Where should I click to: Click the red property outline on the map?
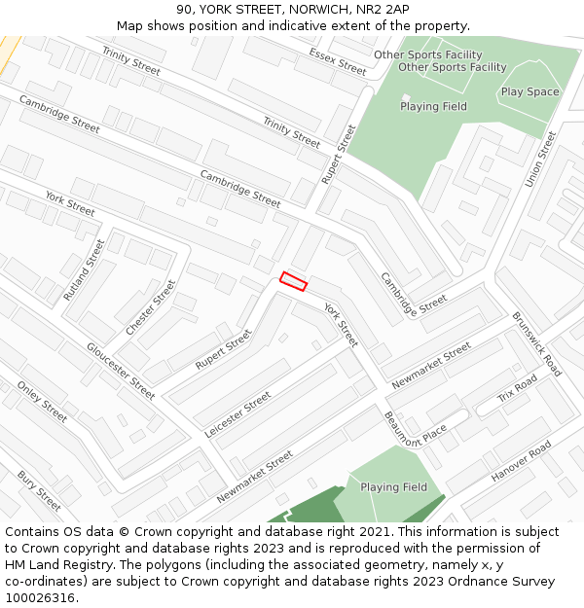293,281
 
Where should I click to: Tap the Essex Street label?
337,61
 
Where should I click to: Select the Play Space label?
529,92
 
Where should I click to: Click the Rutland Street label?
83,268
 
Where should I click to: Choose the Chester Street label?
151,307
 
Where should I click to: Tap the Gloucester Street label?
121,371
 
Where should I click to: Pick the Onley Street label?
43,401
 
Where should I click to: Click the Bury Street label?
39,490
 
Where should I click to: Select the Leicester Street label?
238,414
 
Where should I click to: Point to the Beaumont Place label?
415,427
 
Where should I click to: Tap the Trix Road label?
517,389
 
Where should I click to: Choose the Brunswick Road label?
536,344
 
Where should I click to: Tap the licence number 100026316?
42,597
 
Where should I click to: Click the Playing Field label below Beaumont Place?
393,487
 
